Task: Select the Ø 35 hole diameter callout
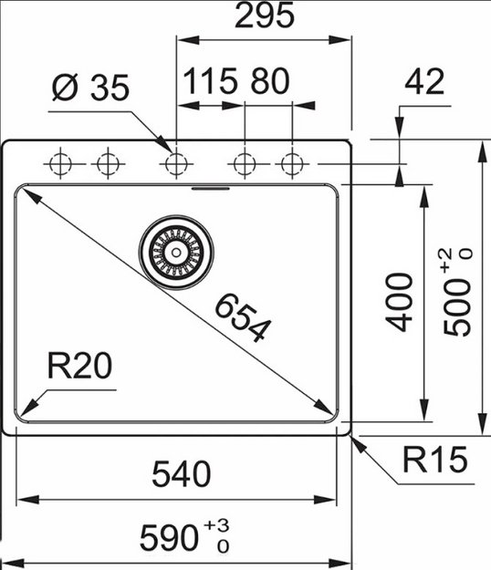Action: [x=89, y=88]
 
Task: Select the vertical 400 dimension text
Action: [x=401, y=301]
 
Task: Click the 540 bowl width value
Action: [x=180, y=473]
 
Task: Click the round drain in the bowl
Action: [x=176, y=247]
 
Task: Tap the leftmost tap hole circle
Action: [x=61, y=164]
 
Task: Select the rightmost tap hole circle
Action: [x=292, y=164]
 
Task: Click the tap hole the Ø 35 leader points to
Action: [x=175, y=164]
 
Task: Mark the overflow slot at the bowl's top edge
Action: [x=212, y=189]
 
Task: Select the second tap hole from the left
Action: [x=109, y=164]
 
